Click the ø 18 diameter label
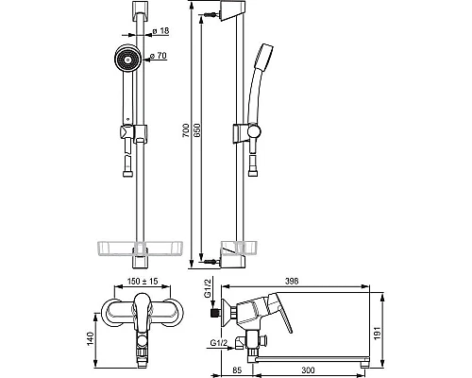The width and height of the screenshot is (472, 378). tap(160, 31)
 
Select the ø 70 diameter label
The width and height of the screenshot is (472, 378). tap(158, 56)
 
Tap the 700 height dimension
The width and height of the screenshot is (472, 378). tap(186, 129)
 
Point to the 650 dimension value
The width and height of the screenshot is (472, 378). tap(196, 129)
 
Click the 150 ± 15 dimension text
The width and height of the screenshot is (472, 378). tap(143, 281)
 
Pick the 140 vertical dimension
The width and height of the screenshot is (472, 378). tap(91, 338)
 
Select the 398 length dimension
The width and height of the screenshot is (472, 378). tap(292, 281)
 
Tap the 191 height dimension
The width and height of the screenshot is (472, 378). tap(377, 334)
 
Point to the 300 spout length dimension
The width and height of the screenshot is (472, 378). tap(308, 370)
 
